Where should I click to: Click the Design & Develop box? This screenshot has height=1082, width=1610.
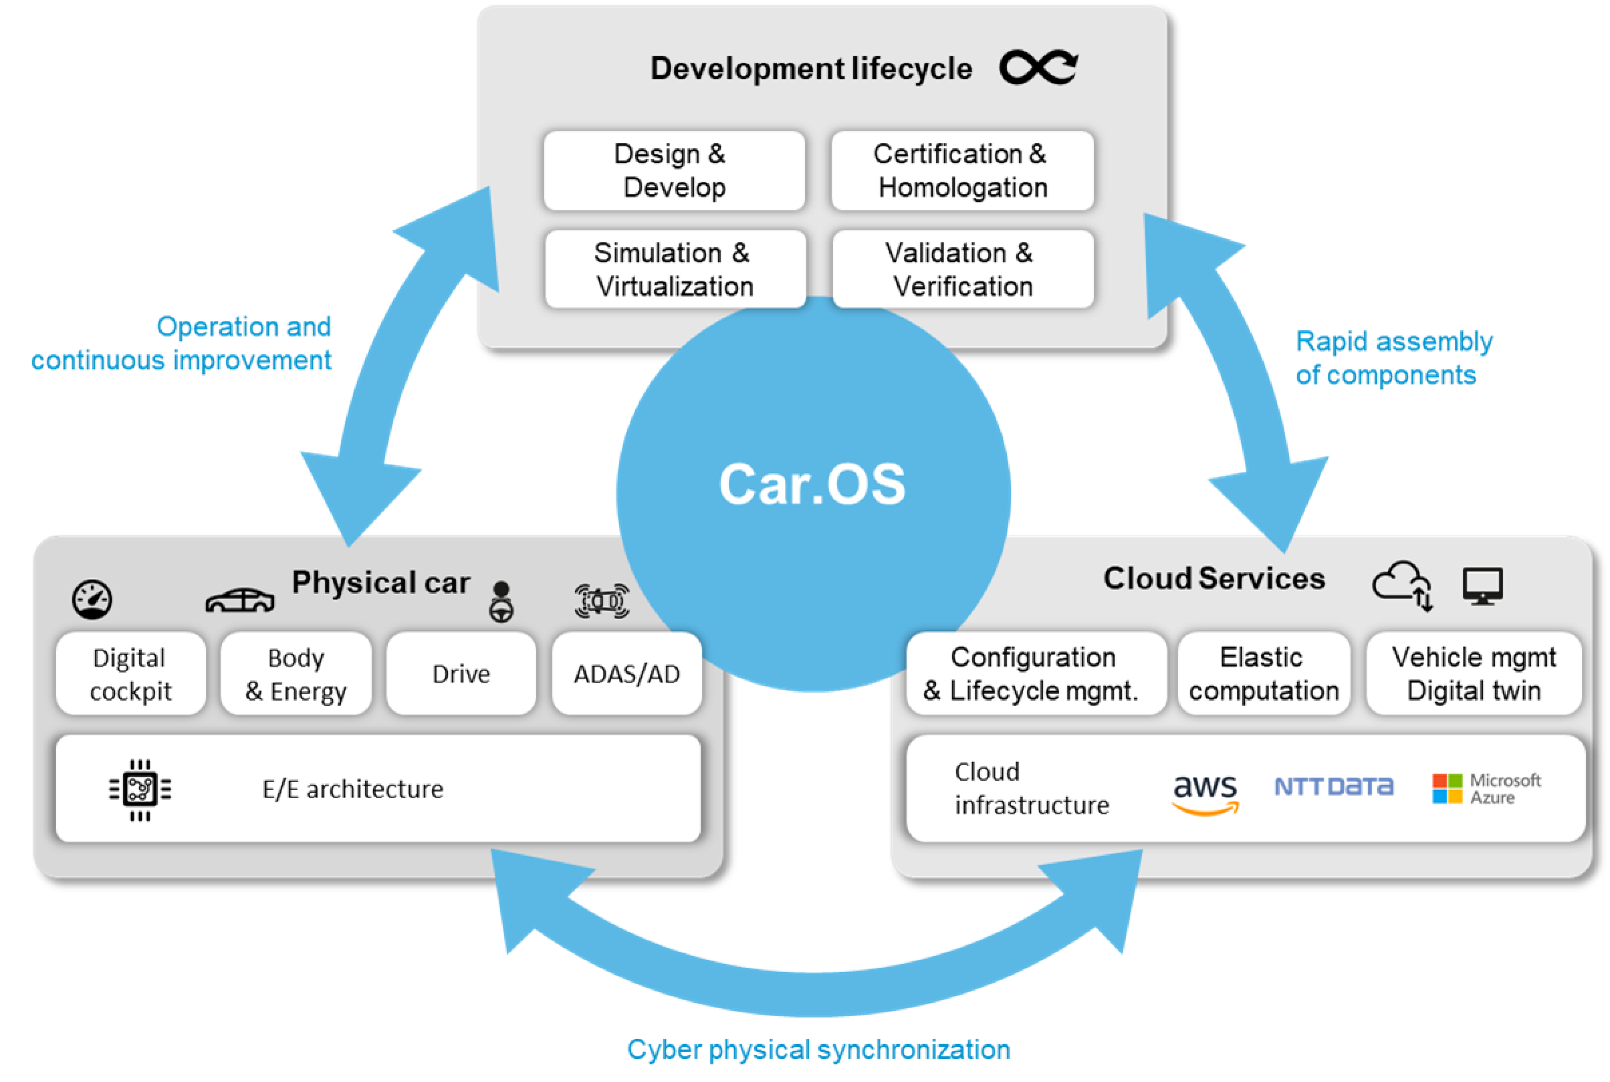(x=674, y=171)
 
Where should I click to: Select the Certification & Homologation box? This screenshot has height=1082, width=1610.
(x=962, y=171)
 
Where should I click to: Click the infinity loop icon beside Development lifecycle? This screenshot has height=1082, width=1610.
(x=1039, y=67)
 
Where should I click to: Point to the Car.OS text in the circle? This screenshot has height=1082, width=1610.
(x=812, y=485)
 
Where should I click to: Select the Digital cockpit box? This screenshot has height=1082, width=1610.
(x=130, y=674)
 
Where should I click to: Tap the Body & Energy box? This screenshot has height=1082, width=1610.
(x=296, y=674)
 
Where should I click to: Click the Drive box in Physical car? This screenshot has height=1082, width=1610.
(x=461, y=674)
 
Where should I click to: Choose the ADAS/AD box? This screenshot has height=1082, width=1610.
(x=627, y=674)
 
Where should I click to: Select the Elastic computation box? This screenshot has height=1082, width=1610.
(x=1264, y=674)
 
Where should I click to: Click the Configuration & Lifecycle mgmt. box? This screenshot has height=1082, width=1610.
(x=1035, y=674)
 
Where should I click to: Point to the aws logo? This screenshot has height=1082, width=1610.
(x=1205, y=792)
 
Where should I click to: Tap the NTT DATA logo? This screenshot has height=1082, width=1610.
(x=1333, y=786)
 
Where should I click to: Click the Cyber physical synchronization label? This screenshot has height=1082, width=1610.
(x=818, y=1050)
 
